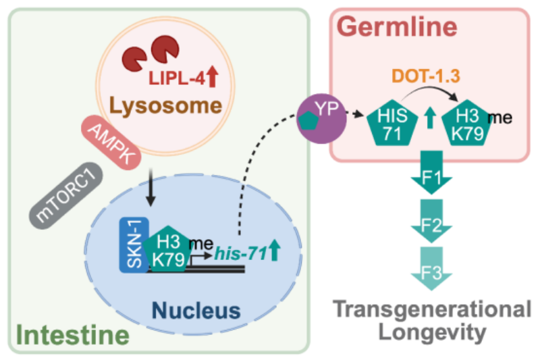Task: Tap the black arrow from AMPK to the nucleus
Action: click(150, 190)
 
